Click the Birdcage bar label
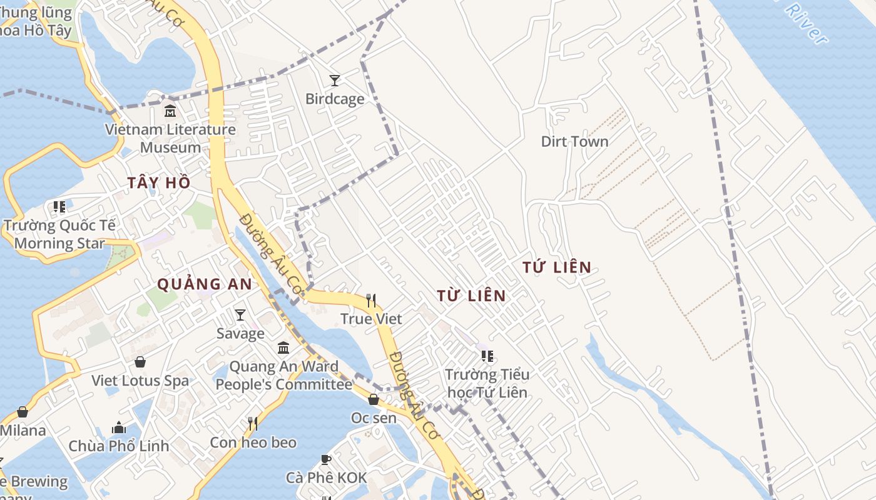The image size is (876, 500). (335, 99)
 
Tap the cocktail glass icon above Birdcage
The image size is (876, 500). (335, 80)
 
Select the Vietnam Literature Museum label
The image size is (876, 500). (170, 139)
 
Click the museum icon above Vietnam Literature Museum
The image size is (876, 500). (170, 111)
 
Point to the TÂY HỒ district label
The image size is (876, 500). (159, 182)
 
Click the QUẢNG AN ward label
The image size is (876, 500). (205, 284)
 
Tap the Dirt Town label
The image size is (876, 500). (574, 141)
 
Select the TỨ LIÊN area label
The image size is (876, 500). (557, 267)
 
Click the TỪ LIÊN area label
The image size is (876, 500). (471, 296)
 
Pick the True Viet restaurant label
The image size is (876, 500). (371, 319)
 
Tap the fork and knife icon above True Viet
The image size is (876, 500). (371, 301)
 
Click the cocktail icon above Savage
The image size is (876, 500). (240, 315)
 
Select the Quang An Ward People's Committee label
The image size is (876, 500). (283, 376)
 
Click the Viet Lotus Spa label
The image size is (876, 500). (140, 381)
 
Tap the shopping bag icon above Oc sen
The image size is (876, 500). (374, 399)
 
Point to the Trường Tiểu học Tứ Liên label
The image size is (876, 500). (487, 383)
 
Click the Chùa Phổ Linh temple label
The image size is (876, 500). (119, 446)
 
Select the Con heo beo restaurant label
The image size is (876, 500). (253, 442)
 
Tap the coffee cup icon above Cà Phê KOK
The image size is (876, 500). (326, 460)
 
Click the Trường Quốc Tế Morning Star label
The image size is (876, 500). (59, 234)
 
